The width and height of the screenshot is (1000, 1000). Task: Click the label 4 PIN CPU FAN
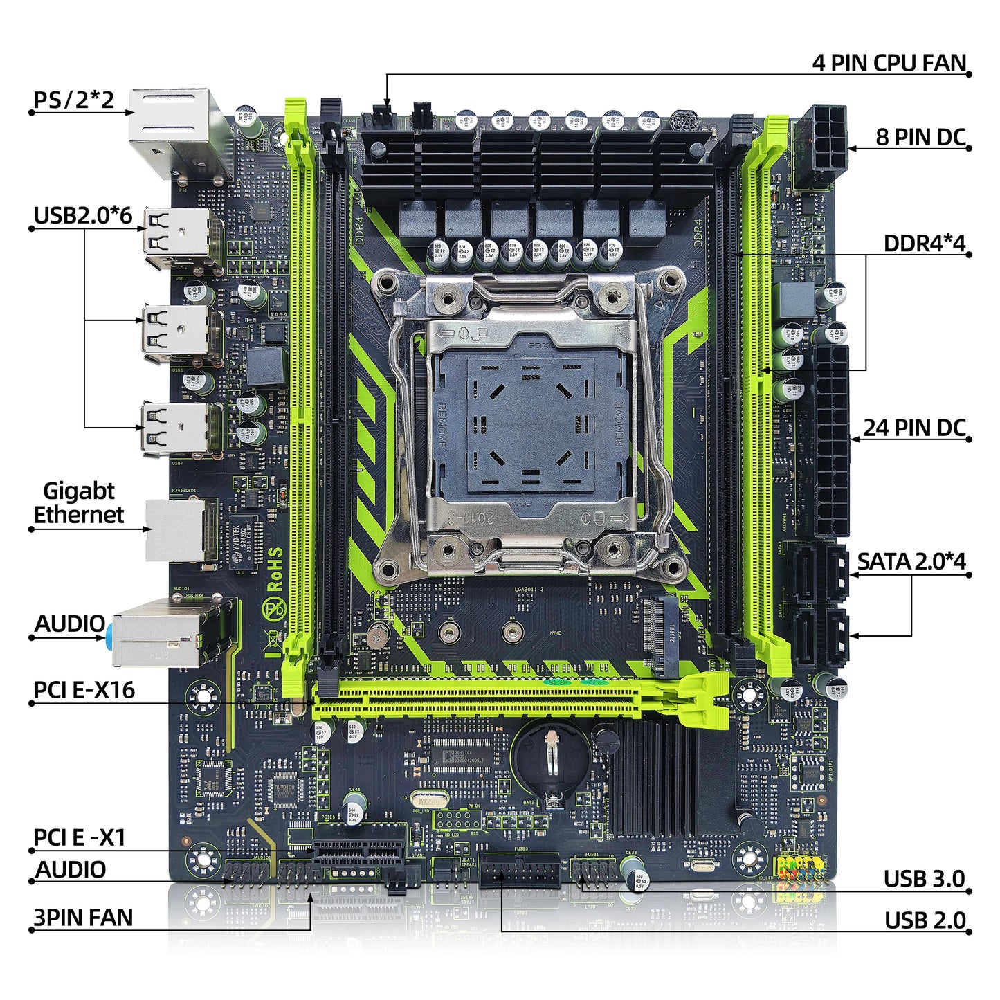click(x=889, y=63)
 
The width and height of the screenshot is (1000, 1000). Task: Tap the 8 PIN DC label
click(x=920, y=137)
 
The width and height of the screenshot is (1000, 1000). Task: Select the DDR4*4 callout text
click(x=924, y=244)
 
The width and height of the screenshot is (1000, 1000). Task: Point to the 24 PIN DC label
click(x=913, y=428)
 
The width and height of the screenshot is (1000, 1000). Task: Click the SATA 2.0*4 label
click(x=911, y=561)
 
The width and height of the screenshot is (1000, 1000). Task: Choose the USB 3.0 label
click(x=924, y=879)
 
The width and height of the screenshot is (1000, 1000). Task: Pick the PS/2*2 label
click(x=73, y=100)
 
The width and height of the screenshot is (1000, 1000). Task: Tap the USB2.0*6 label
click(x=82, y=215)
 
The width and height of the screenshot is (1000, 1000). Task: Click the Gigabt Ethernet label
click(x=78, y=503)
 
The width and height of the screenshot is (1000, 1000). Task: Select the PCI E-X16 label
click(x=84, y=690)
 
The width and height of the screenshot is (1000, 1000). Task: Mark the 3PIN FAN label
click(x=83, y=918)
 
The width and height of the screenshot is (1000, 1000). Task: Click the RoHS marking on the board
click(x=275, y=569)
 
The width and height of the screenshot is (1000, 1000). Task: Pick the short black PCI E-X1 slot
click(x=359, y=852)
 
